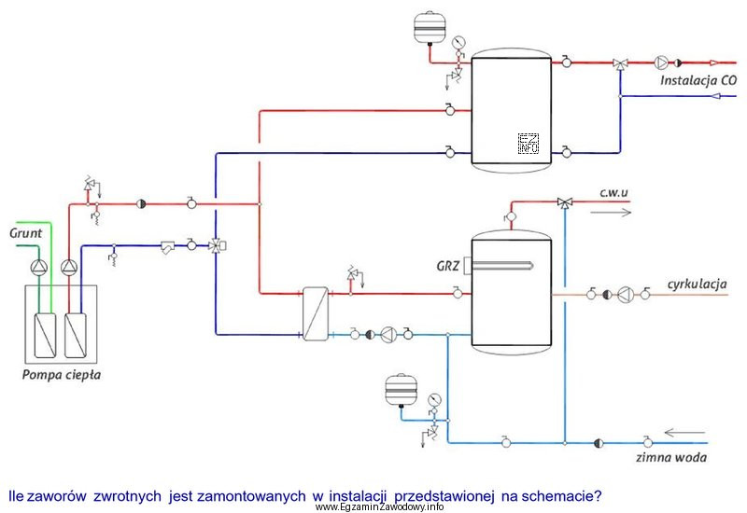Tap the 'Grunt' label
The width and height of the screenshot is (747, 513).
25,230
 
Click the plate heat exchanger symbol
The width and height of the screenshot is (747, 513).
313,313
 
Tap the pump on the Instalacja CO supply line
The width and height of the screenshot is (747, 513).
662,63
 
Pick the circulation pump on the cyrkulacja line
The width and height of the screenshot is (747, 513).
625,295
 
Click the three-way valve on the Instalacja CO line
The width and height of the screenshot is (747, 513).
620,63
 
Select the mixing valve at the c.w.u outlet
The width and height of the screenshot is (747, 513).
564,201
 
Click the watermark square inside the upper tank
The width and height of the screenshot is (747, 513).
529,143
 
